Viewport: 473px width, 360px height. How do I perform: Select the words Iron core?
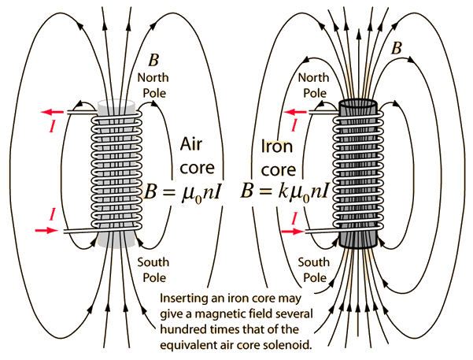click(x=280, y=155)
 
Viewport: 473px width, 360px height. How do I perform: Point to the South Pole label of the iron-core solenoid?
click(x=316, y=269)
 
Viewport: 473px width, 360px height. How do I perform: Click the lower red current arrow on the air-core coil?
click(x=47, y=231)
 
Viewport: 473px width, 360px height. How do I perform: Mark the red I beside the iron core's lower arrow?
click(x=295, y=216)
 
